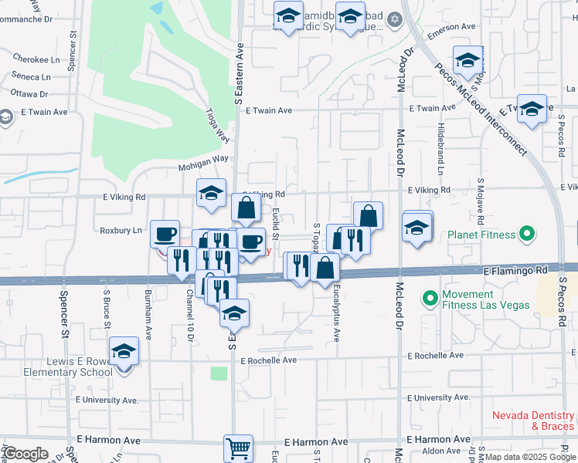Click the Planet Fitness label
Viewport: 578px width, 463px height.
[481, 234]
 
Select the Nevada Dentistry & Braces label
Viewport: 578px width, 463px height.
[533, 420]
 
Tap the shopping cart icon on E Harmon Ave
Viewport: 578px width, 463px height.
[238, 448]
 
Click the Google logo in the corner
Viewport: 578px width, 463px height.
[25, 454]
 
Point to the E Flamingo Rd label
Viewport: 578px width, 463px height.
[515, 271]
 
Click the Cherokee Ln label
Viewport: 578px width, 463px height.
[36, 59]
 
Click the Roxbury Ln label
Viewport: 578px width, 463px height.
[121, 230]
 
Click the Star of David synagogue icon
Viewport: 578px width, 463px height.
[395, 19]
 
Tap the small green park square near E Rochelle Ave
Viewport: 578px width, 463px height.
[220, 373]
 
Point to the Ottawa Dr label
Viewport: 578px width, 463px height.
[29, 94]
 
